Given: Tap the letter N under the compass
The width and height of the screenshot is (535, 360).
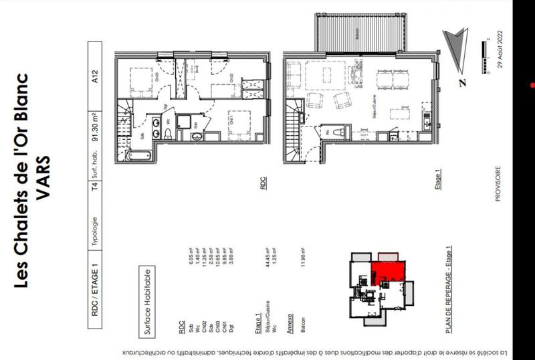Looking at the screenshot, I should click(x=462, y=83).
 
